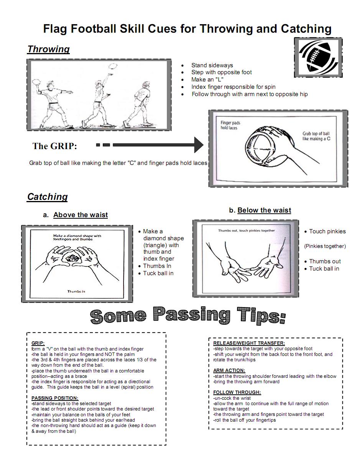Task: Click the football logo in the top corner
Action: tap(318, 57)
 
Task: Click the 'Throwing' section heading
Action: tap(48, 49)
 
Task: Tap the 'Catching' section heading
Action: tap(47, 197)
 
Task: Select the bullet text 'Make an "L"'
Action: tap(208, 80)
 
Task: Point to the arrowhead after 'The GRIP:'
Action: tap(199, 145)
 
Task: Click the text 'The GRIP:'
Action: tap(54, 146)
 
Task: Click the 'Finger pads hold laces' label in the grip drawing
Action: tap(230, 125)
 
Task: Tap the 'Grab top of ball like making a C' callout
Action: tap(316, 136)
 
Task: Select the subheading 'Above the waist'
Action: tap(81, 215)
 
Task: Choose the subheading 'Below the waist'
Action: tap(264, 210)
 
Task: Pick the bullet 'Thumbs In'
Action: tap(157, 266)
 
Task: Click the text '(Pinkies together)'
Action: tap(325, 246)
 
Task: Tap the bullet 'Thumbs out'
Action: tap(324, 261)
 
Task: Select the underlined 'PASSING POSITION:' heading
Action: tap(55, 398)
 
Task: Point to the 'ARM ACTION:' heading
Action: tap(229, 371)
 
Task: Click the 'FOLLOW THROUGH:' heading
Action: tap(237, 392)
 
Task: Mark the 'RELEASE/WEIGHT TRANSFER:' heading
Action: tap(249, 343)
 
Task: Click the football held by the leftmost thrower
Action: tap(36, 82)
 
